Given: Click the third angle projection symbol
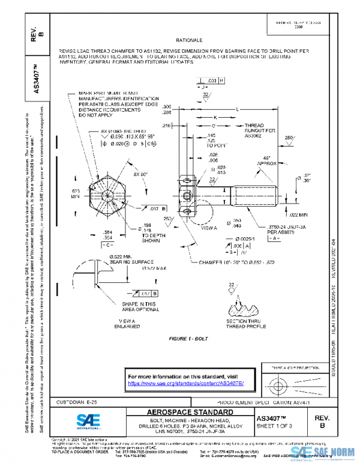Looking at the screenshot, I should coord(281,383).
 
